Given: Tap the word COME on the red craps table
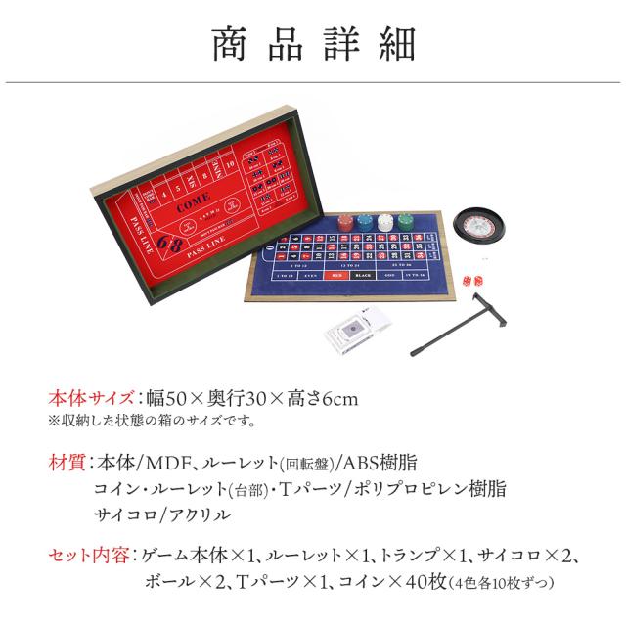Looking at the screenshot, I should [193, 207].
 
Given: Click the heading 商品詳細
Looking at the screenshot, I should [313, 44].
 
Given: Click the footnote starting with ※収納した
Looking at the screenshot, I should [152, 422].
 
